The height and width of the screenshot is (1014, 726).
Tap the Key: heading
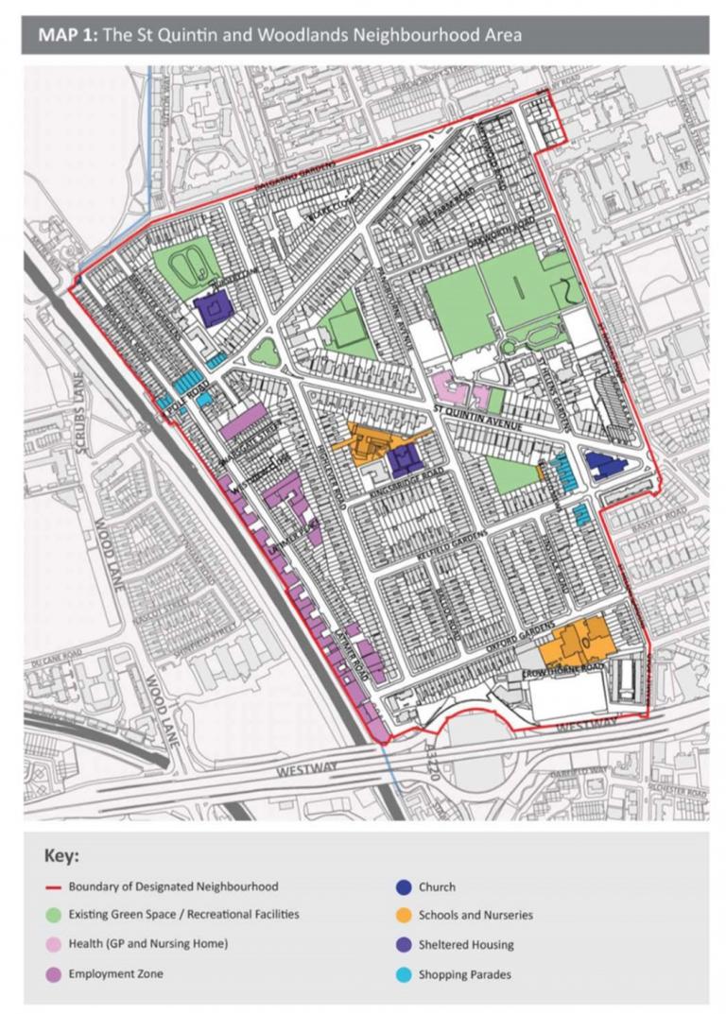[x=61, y=856]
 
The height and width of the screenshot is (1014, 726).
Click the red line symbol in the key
[x=53, y=887]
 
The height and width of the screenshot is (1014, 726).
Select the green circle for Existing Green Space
[x=53, y=915]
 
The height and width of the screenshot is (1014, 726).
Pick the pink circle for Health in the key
[x=53, y=944]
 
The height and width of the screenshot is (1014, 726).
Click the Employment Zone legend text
[x=115, y=973]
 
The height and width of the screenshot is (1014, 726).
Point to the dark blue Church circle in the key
[x=402, y=887]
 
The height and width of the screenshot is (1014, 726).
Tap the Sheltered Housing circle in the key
[x=402, y=944]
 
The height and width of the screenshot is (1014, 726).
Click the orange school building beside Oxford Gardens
[x=577, y=642]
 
